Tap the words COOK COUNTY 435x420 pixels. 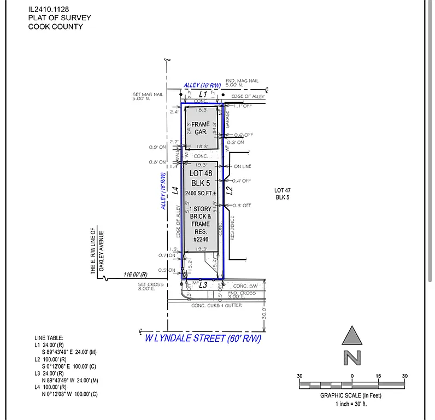point(56,26)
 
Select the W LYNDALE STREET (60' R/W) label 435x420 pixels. point(203,339)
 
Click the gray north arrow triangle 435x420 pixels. point(352,336)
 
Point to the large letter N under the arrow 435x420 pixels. point(352,358)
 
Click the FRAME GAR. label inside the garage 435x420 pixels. point(201,128)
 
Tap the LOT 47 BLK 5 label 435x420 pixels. point(282,194)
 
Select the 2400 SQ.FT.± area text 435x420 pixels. point(201,193)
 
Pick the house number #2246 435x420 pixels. point(202,238)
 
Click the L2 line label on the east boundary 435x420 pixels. point(230,191)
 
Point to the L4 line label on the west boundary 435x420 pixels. point(175,190)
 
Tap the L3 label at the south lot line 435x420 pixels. point(203,285)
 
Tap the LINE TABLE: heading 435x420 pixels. point(49,339)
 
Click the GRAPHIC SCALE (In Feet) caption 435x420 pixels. point(351,395)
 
